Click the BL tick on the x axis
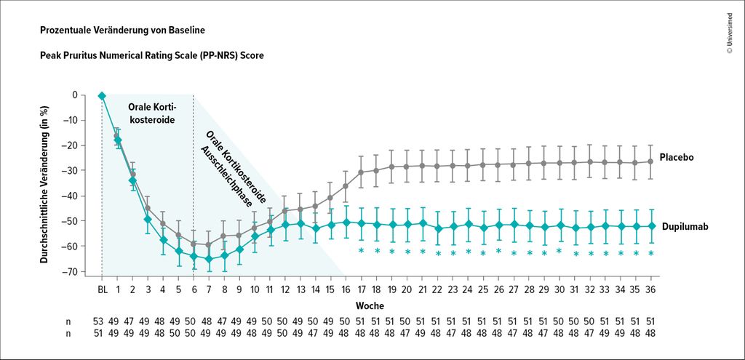(102, 289)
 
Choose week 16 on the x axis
(346, 289)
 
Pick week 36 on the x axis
(650, 289)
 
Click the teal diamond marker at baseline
(102, 95)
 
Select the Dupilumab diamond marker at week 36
(650, 225)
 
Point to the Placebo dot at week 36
(650, 161)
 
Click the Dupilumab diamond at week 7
(209, 259)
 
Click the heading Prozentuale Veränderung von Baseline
(122, 31)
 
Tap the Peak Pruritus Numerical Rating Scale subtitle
(151, 55)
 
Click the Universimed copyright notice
(728, 33)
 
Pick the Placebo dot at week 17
(361, 172)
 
